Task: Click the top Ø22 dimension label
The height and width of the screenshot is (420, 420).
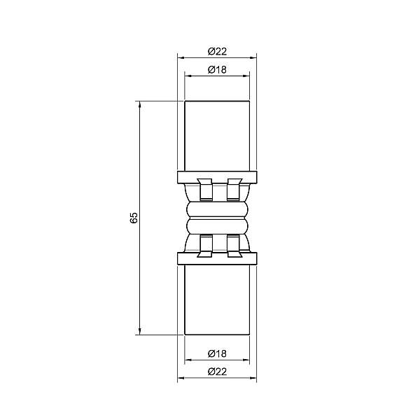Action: pyautogui.click(x=217, y=51)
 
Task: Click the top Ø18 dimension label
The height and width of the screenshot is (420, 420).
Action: pyautogui.click(x=217, y=69)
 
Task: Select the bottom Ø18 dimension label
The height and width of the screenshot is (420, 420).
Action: pyautogui.click(x=217, y=353)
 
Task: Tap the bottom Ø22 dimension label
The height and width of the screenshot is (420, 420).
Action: pyautogui.click(x=217, y=372)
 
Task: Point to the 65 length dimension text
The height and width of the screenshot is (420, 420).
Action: pyautogui.click(x=134, y=218)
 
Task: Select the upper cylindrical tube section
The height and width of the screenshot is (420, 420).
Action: pyautogui.click(x=217, y=136)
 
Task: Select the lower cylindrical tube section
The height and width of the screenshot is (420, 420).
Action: pyautogui.click(x=217, y=300)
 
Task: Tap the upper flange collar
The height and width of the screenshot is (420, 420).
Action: pyautogui.click(x=217, y=177)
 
